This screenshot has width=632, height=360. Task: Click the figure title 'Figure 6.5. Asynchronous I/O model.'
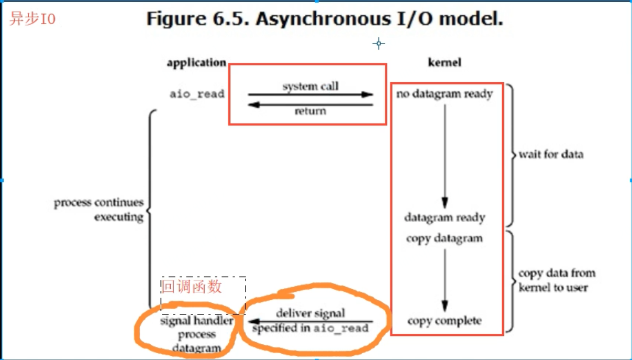324,19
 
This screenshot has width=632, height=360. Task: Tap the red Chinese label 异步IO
32,19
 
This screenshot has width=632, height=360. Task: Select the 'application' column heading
196,62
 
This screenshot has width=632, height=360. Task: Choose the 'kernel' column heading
445,62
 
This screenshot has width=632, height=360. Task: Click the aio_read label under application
197,94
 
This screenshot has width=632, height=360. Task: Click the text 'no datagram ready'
445,94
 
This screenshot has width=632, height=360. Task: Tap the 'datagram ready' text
445,217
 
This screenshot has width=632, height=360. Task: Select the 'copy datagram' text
445,238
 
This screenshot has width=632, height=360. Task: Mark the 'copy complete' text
445,321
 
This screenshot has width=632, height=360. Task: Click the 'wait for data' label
550,155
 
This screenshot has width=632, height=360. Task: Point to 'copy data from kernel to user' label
557,280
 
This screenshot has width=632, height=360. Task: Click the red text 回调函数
192,287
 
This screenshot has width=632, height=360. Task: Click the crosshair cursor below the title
379,43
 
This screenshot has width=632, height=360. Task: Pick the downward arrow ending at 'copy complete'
445,280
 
